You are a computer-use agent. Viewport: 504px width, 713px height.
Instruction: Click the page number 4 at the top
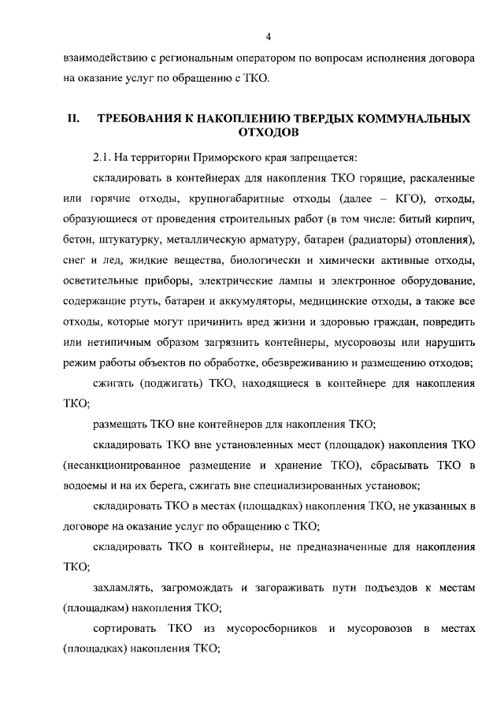coord(268,36)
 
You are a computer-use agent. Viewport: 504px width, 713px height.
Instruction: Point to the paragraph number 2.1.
coord(102,157)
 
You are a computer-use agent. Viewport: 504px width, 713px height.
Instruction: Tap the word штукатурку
coord(134,239)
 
